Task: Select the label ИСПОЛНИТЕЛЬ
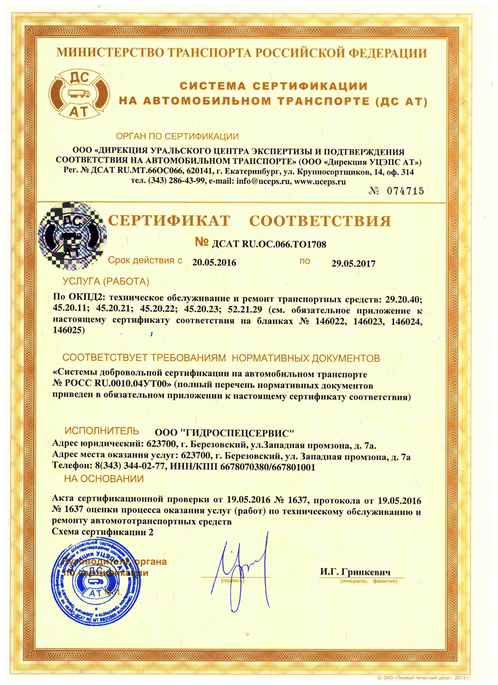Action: coord(102,431)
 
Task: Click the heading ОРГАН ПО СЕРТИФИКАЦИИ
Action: coord(177,137)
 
